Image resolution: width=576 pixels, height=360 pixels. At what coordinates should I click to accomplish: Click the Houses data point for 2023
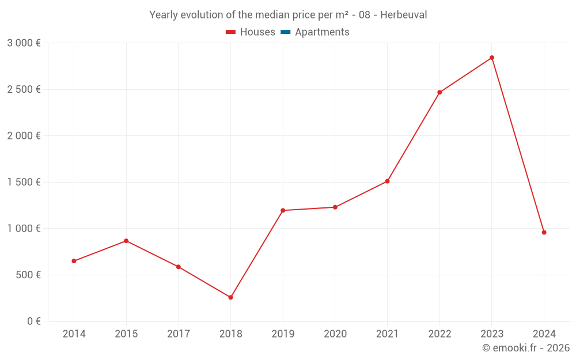(x=491, y=58)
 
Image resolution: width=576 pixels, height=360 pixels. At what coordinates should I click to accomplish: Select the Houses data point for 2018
(x=230, y=297)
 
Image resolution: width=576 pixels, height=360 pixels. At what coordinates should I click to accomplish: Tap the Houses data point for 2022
(x=439, y=92)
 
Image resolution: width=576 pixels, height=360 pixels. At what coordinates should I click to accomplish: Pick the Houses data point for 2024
(x=544, y=232)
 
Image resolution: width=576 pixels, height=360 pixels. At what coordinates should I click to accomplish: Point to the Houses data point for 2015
(x=126, y=241)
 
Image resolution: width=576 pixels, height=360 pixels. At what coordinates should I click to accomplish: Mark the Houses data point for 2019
(x=283, y=210)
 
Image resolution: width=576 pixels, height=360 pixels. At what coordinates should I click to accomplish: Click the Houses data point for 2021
(x=387, y=181)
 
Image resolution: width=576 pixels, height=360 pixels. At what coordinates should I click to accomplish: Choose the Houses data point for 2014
(x=74, y=261)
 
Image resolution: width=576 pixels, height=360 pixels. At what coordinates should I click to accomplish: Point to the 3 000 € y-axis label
(x=24, y=43)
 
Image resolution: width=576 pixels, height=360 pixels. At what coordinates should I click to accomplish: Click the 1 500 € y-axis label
(x=24, y=182)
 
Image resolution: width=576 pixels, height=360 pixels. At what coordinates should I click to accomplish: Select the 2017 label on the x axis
(x=178, y=334)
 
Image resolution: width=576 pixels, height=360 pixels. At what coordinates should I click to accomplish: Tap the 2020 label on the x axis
(x=335, y=334)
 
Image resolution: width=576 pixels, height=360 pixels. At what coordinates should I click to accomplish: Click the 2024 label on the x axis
(x=544, y=334)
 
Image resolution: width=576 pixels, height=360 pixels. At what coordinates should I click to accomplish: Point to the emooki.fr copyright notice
(x=525, y=348)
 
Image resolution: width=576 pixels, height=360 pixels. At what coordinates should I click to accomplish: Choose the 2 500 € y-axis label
(x=24, y=89)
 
